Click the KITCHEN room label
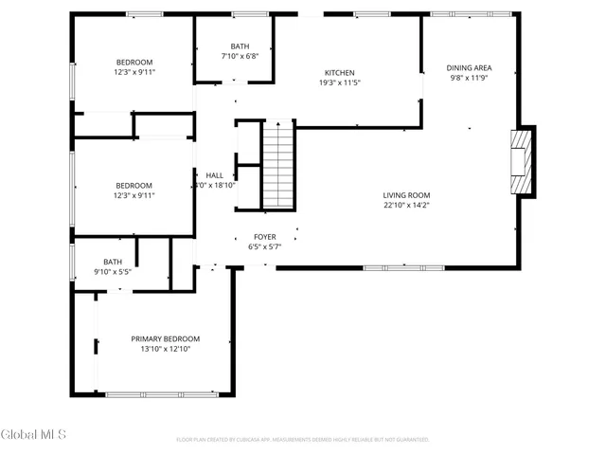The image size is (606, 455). coord(340,73)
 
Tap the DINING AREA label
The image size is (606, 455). coord(470,68)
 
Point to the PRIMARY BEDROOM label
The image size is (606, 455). coord(166,339)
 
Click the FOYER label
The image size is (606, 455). coord(264,237)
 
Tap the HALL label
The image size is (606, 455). coord(214,175)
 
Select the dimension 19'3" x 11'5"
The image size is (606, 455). coord(340,83)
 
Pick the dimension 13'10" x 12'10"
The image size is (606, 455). coord(166,350)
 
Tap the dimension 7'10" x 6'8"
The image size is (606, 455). coord(241,57)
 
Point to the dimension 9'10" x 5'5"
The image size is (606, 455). coord(113,273)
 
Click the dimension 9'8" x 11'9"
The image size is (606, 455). coord(470,79)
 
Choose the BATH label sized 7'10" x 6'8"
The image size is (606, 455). coord(241,46)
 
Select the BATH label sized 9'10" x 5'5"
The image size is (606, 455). coord(113,263)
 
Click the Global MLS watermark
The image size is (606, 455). coord(33,435)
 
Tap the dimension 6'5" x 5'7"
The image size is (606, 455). coord(264,247)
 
